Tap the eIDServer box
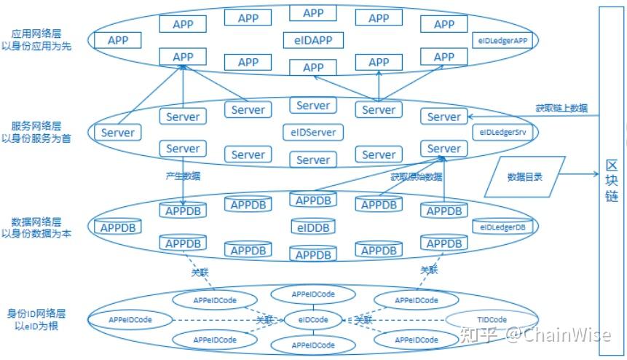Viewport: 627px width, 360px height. coord(313,132)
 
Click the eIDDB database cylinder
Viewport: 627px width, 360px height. coord(313,227)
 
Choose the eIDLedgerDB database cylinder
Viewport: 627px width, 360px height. coord(502,227)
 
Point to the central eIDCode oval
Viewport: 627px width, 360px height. coord(313,320)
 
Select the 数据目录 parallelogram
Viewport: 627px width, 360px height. coord(524,176)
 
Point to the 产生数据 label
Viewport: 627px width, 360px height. coord(183,176)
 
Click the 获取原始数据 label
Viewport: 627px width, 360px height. coord(416,176)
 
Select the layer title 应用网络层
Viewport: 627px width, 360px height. coord(36,34)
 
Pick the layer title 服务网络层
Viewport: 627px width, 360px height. coord(36,125)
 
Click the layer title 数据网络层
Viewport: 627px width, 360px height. coord(36,221)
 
